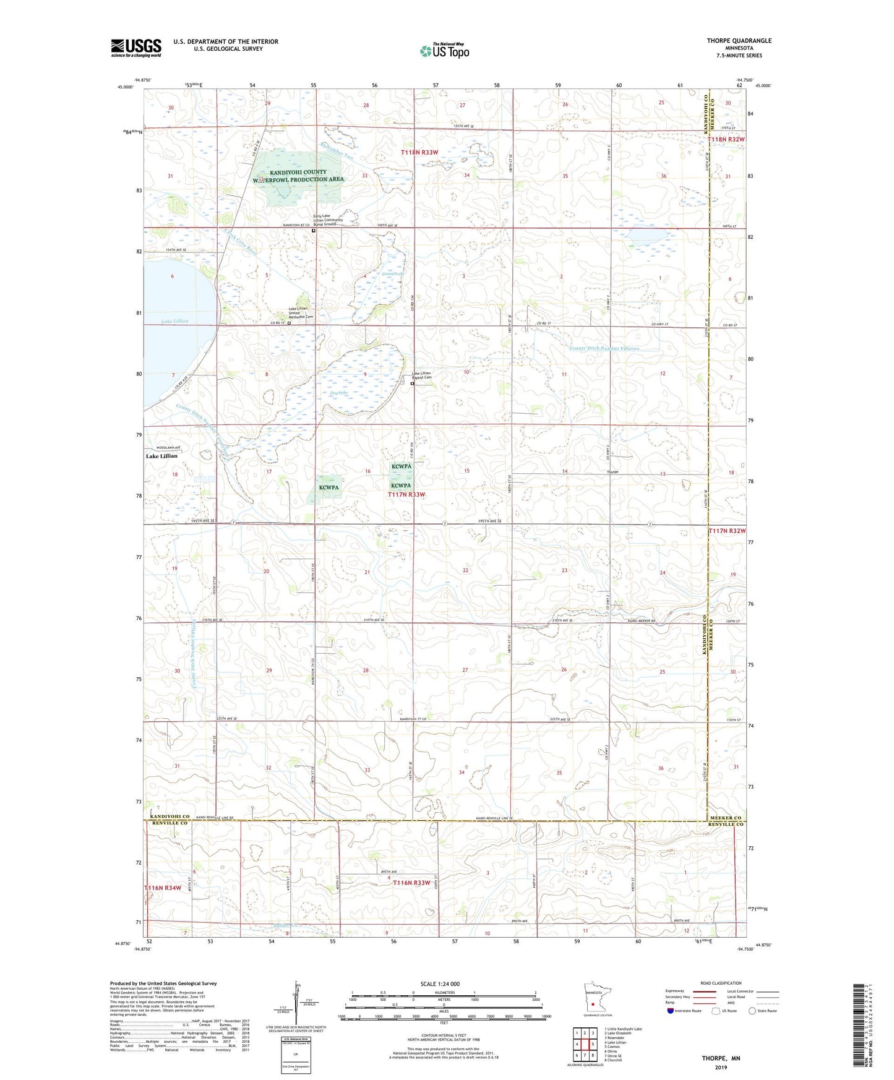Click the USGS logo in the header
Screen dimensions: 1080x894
tap(136, 47)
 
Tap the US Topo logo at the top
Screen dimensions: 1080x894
tap(444, 51)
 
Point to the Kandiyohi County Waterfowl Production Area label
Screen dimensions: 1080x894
tap(297, 176)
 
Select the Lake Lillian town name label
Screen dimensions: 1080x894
tap(161, 456)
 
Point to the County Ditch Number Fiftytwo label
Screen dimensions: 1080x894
tap(604, 349)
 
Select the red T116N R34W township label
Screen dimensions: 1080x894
tap(163, 888)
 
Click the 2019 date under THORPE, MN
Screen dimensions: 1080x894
tap(721, 1067)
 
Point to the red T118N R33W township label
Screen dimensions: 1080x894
tap(419, 152)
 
